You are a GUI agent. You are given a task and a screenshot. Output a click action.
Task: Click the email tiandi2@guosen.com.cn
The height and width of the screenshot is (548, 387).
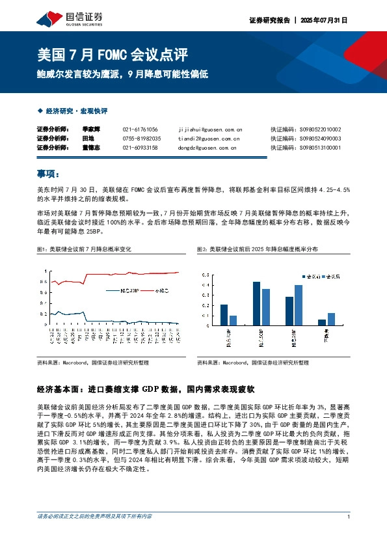(208, 139)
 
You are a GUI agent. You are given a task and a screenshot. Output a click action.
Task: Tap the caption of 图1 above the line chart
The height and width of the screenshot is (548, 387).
(85, 249)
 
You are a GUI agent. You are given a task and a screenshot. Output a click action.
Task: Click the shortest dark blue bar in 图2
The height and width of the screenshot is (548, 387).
(321, 322)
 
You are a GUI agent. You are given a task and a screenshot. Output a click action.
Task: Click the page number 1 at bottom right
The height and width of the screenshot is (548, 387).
(349, 517)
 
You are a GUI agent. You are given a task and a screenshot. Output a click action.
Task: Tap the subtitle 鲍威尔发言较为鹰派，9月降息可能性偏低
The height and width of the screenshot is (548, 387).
(122, 74)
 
